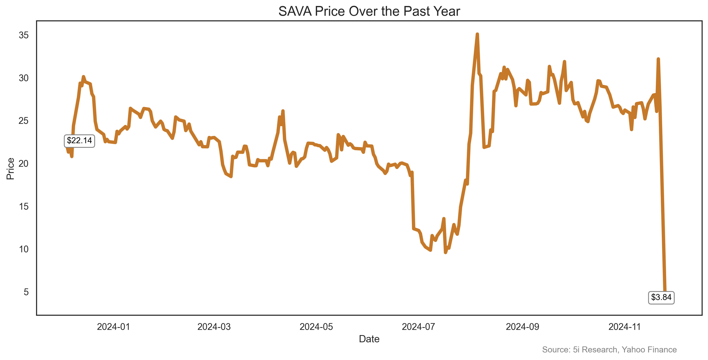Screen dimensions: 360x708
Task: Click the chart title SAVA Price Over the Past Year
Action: point(369,12)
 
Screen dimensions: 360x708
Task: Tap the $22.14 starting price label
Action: point(80,141)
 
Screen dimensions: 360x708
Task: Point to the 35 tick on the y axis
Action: point(24,35)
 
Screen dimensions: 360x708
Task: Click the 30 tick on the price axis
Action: point(24,78)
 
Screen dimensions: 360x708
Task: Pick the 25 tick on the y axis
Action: point(24,121)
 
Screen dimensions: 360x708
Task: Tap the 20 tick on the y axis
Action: point(24,164)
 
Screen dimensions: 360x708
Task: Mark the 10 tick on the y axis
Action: point(24,249)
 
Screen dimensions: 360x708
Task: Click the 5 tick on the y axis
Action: point(26,292)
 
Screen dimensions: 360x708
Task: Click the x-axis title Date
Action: point(369,339)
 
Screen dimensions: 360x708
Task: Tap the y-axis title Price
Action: point(10,169)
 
